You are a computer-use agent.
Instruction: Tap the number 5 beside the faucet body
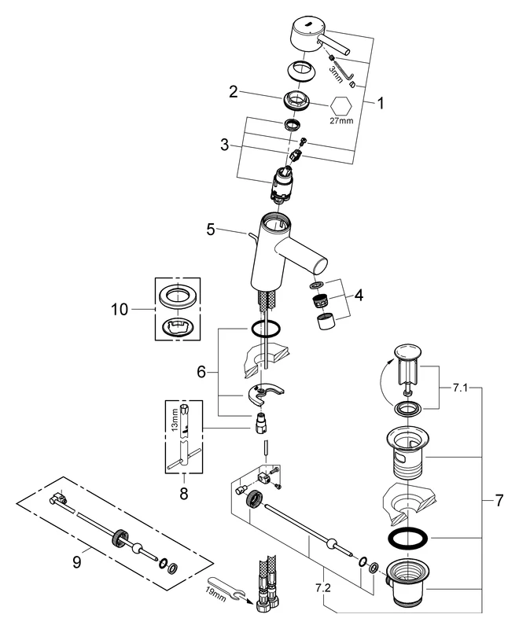pyautogui.click(x=210, y=230)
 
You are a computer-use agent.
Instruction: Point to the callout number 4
pyautogui.click(x=358, y=296)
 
